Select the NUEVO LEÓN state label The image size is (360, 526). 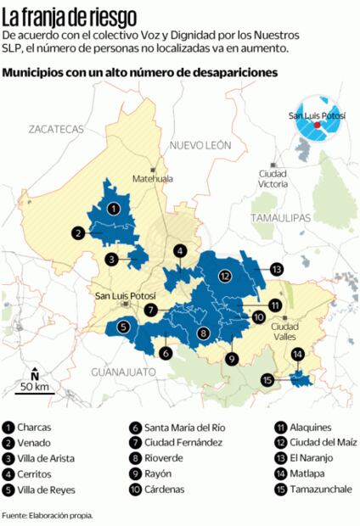200,146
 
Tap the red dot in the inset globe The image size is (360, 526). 317,125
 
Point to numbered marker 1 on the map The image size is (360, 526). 113,208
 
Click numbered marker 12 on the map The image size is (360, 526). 224,275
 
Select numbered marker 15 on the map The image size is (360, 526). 268,380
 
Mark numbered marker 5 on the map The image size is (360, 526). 123,326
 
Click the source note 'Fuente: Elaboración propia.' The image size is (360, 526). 47,515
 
